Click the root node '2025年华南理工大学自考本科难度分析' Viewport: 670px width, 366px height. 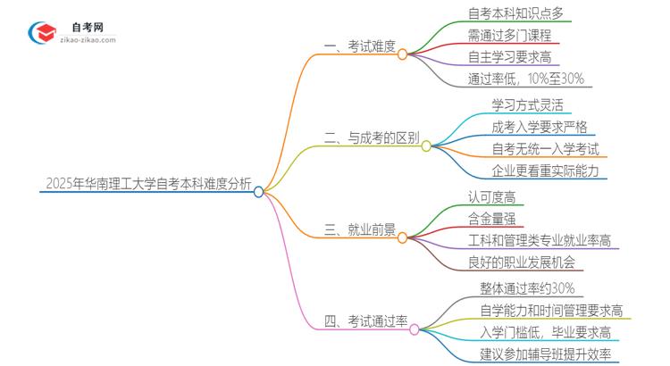pyautogui.click(x=147, y=185)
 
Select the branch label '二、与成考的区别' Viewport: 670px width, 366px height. pyautogui.click(x=371, y=138)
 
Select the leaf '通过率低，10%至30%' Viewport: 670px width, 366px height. pyautogui.click(x=525, y=79)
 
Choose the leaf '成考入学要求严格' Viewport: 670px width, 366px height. pyautogui.click(x=540, y=127)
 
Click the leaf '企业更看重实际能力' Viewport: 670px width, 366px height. pyautogui.click(x=545, y=171)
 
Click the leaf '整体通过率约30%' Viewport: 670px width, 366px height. pyautogui.click(x=527, y=287)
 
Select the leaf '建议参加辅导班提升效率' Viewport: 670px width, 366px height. pyautogui.click(x=545, y=354)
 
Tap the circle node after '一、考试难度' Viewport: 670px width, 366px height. pyautogui.click(x=402, y=54)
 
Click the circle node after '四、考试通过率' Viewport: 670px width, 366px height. pyautogui.click(x=415, y=329)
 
